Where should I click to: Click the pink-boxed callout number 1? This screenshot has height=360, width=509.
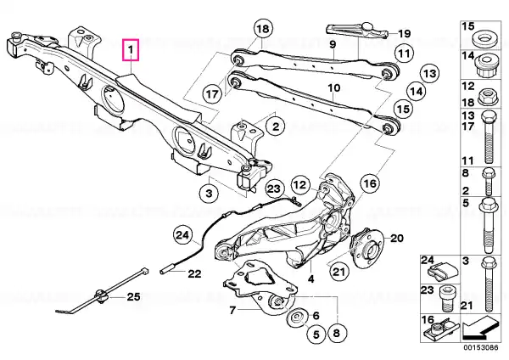click(131, 50)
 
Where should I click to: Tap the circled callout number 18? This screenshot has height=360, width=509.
click(263, 29)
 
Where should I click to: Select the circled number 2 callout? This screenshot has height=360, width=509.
click(275, 126)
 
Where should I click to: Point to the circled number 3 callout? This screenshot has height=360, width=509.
click(209, 194)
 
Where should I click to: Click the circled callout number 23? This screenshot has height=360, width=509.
click(274, 188)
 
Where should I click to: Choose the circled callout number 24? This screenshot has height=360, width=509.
click(182, 235)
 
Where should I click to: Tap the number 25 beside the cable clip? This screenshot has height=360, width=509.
click(133, 297)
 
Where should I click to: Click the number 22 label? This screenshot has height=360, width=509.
click(194, 274)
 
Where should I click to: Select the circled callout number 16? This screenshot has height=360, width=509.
click(370, 184)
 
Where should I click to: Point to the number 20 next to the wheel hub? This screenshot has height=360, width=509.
click(396, 239)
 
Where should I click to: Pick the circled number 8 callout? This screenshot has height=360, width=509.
click(336, 333)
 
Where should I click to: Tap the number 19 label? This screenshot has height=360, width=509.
click(404, 33)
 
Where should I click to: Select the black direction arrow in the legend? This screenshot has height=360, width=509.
click(480, 329)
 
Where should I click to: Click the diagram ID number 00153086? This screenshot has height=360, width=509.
click(480, 347)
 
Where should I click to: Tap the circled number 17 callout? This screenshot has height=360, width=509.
click(212, 94)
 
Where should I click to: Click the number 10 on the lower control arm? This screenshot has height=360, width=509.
click(333, 88)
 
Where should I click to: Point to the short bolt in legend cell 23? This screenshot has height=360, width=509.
click(445, 298)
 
